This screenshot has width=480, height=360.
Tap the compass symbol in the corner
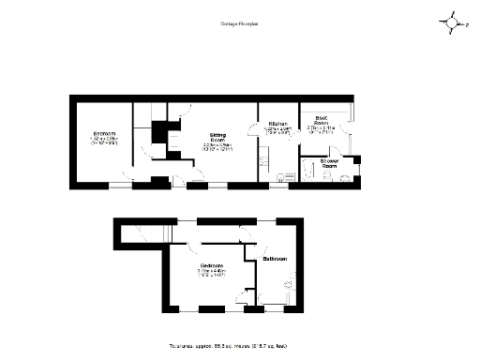click(x=453, y=22)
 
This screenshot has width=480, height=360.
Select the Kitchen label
click(x=278, y=124)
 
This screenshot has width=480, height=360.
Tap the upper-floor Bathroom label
click(x=275, y=258)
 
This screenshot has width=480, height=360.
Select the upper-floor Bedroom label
click(x=212, y=266)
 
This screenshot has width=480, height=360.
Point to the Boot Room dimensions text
click(x=321, y=130)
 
